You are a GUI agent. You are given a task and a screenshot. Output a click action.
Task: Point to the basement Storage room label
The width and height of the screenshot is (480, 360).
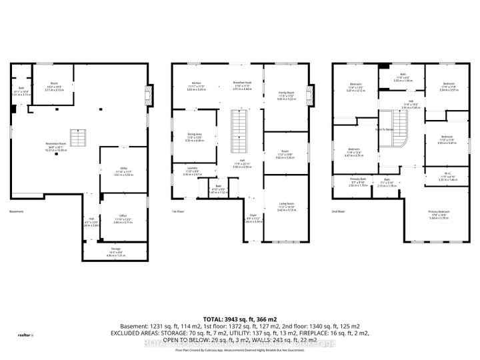pos(116,251)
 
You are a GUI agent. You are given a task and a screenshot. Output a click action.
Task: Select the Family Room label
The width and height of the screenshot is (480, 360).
pos(286,95)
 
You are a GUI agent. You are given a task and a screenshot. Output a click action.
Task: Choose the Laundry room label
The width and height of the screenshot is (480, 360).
pos(192,173)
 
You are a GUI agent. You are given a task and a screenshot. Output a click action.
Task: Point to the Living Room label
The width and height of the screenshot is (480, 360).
pos(286,207)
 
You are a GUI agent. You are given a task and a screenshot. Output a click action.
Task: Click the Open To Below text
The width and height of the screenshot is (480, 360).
pos(391,130)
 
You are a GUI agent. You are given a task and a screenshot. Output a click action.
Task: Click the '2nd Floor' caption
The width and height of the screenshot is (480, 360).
pos(339,211)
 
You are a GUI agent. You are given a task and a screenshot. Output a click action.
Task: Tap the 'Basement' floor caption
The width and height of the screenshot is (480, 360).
pos(17,211)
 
